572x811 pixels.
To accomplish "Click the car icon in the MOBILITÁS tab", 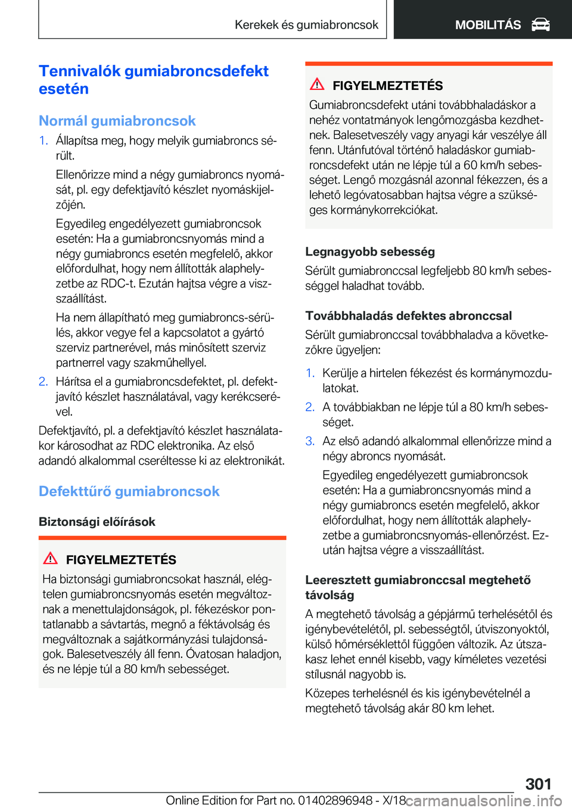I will coord(540,24).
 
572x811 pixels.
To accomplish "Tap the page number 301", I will coord(538,784).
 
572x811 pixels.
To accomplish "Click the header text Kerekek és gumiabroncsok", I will coord(306,24).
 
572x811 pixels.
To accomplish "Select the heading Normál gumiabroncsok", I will coord(117,121).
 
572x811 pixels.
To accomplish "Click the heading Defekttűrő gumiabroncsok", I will coord(129,491).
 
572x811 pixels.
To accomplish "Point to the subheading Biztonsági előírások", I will coord(97,522).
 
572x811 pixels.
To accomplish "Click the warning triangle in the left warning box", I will coord(51,559).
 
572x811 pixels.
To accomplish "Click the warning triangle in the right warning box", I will coord(317,85).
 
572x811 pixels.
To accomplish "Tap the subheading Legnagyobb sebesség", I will coord(370,251).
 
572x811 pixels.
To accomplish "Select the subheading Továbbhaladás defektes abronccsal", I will coord(409,316).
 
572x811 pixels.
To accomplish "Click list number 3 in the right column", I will coord(310,441).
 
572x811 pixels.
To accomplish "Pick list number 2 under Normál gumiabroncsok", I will coord(43,382).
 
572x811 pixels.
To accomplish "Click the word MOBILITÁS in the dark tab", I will coord(488,24).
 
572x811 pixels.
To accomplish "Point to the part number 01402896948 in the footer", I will coord(335,800).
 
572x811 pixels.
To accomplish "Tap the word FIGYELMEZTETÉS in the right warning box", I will coord(388,86).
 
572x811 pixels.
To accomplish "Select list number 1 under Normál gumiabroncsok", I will coord(43,141).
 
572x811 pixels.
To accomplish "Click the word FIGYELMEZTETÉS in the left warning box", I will coord(121,560).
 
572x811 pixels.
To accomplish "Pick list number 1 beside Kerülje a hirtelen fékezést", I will coord(310,373).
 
